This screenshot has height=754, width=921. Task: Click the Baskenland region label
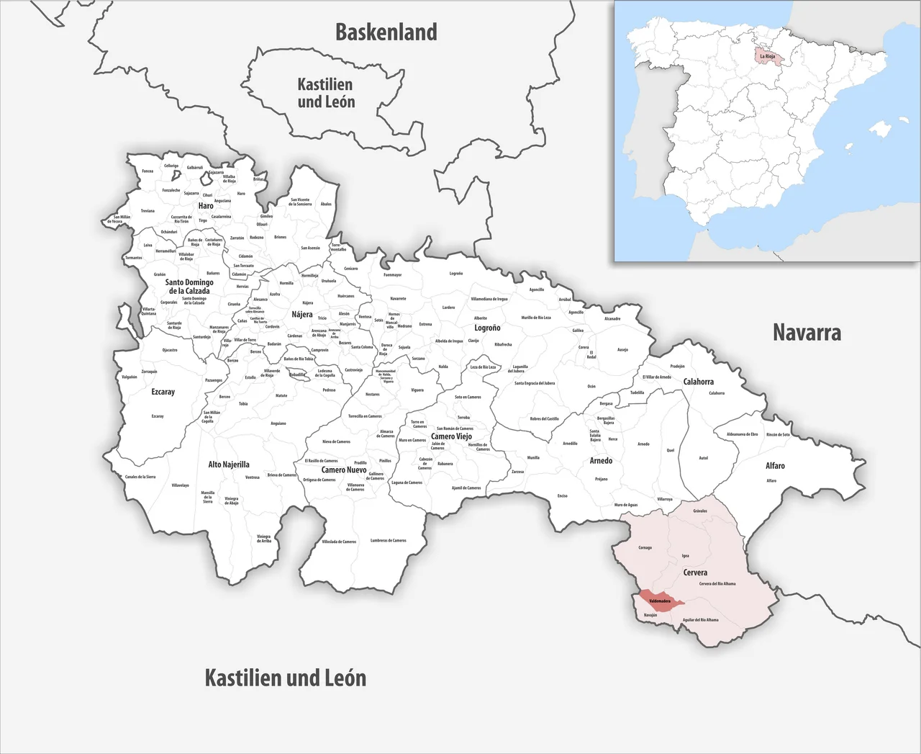(x=386, y=32)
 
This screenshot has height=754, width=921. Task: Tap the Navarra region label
(x=807, y=332)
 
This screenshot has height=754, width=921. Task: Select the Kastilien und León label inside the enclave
(x=326, y=93)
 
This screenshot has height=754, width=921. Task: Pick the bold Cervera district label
(x=695, y=573)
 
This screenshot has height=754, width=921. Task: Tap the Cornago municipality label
(x=645, y=547)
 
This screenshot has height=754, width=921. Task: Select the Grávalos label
(x=700, y=511)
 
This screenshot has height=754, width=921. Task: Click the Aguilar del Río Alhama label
(x=700, y=619)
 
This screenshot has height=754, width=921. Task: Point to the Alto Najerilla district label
(x=229, y=464)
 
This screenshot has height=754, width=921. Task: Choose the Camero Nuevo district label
(x=344, y=470)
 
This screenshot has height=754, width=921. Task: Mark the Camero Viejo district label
(x=451, y=436)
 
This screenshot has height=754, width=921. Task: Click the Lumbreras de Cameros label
(x=389, y=540)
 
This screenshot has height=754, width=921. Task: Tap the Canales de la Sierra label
(x=140, y=477)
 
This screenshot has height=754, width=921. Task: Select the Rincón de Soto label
(x=778, y=434)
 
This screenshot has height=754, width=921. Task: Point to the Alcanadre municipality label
(x=612, y=318)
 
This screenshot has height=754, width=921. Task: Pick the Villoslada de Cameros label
(x=339, y=542)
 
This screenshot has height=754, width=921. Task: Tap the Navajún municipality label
(x=650, y=615)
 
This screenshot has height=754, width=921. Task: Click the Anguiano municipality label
(x=278, y=423)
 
